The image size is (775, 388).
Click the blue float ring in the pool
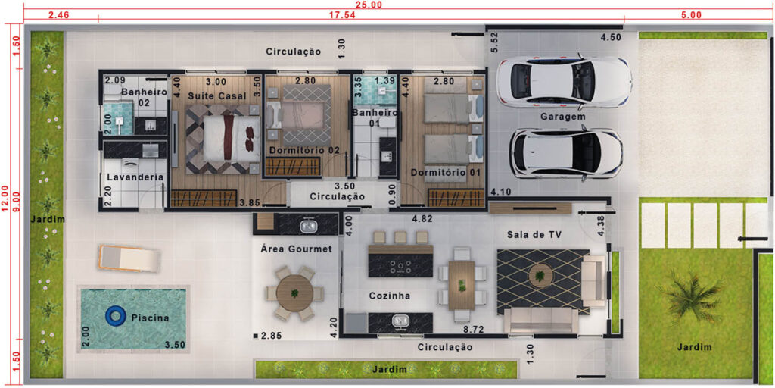(116, 316)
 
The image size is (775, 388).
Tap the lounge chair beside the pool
(130, 258)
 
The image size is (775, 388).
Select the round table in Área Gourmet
(294, 293)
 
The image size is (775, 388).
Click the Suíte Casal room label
(217, 96)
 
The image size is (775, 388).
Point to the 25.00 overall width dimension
(373, 5)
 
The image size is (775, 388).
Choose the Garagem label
(563, 117)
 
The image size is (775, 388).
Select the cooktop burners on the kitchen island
(400, 267)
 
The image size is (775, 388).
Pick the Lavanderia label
(135, 177)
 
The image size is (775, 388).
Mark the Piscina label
(151, 318)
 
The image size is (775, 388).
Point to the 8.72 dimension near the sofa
(473, 329)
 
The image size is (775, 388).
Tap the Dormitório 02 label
(305, 149)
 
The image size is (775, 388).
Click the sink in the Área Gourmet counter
(310, 226)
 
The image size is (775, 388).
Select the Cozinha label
(390, 296)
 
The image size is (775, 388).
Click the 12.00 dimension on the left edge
(5, 199)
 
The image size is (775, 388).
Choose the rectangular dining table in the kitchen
(462, 286)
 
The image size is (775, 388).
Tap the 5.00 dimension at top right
(691, 15)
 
